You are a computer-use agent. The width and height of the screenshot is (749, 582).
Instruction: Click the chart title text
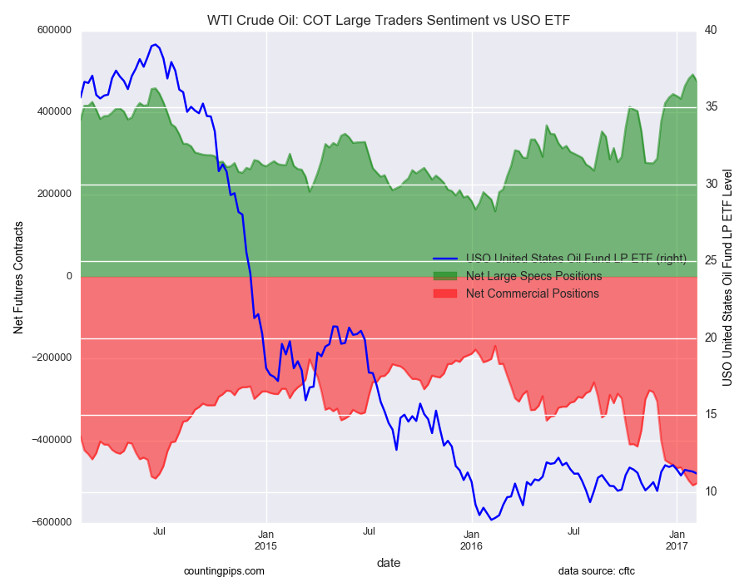point(389,20)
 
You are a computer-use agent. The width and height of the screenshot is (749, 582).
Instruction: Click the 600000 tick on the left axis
point(52,31)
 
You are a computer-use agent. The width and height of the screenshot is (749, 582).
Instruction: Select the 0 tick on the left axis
point(68,276)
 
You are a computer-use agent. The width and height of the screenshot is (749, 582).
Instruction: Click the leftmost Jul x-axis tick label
point(160,530)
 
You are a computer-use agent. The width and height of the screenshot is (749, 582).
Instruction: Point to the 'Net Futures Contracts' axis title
point(18,277)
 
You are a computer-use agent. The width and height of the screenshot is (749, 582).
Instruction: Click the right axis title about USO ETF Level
point(727,277)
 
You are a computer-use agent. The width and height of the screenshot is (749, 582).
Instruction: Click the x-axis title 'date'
point(389,563)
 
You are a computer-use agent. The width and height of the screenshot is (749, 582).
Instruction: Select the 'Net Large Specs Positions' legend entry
point(533,276)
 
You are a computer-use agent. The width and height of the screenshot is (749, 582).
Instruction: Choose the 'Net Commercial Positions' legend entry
point(532,293)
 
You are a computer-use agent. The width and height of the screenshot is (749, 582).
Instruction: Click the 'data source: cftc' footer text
point(597,571)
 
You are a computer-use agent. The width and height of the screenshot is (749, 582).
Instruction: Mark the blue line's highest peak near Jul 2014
point(155,44)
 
